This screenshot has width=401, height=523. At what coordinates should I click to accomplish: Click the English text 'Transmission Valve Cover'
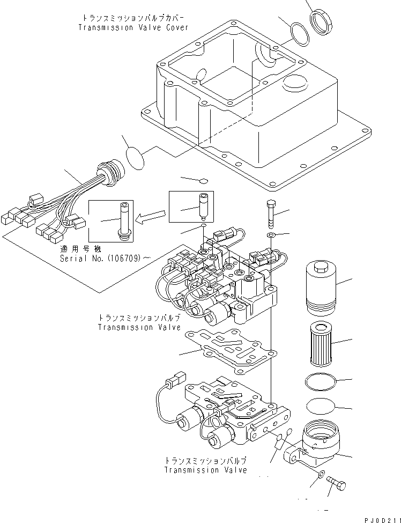coord(133,28)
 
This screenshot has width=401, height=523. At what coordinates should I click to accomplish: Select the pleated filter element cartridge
coord(321,343)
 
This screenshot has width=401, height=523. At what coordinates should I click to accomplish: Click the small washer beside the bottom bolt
coord(320,475)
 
